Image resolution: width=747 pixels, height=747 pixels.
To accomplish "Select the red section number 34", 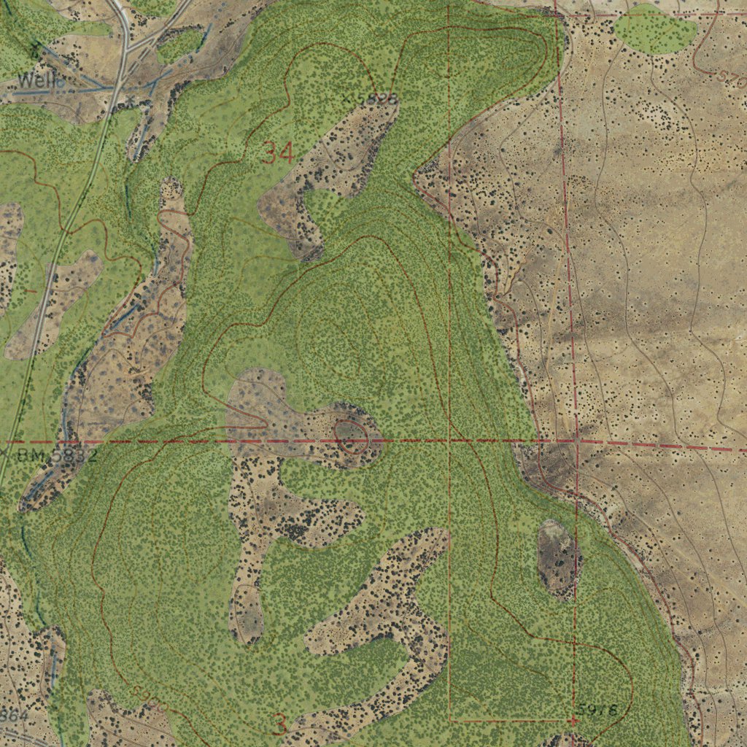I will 278,153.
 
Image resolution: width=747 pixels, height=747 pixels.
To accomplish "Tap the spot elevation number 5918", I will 596,709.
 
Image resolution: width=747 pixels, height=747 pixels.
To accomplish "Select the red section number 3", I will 279,724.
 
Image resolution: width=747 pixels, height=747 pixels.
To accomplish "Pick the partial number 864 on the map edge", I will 15,716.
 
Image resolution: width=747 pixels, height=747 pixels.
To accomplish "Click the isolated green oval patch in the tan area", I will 654,29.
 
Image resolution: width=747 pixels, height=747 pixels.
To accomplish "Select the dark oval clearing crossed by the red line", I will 559,559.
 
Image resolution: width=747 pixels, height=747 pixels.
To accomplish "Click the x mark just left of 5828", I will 347,96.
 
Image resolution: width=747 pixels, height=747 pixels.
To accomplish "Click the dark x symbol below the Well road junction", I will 130,99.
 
